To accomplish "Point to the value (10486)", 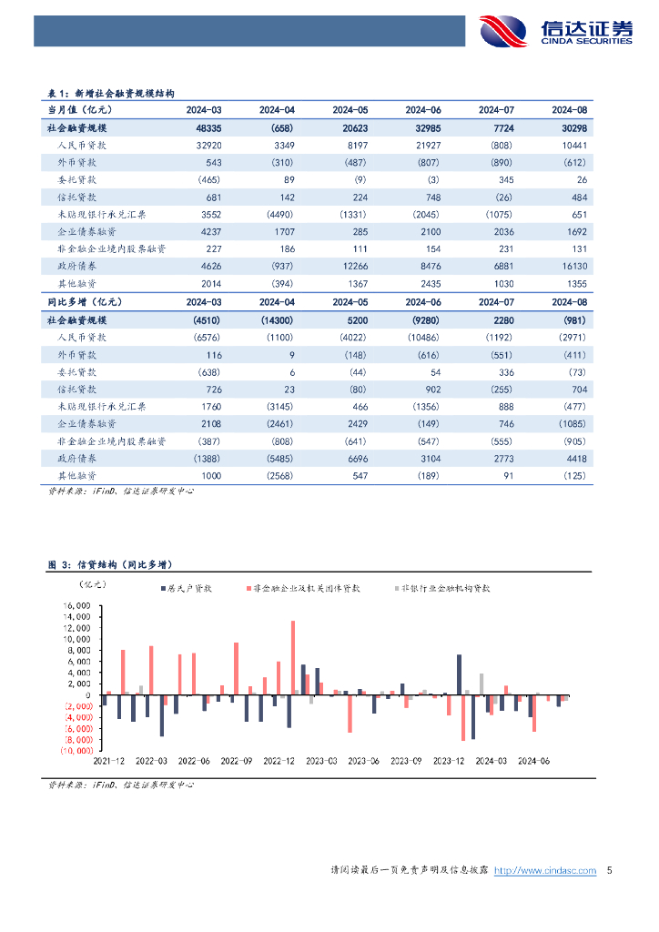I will (x=424, y=337).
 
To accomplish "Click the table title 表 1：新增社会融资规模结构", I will (x=110, y=92).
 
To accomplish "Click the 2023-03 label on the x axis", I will (x=320, y=761).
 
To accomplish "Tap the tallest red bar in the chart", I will (x=293, y=657).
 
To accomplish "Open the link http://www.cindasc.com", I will (x=544, y=871).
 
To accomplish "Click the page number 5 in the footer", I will (x=609, y=871).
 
